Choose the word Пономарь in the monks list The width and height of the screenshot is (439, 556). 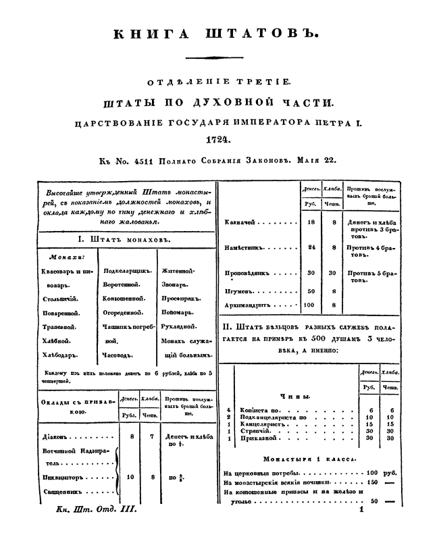pyautogui.click(x=178, y=313)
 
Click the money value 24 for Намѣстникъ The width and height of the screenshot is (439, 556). pyautogui.click(x=311, y=248)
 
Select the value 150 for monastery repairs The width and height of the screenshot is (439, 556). pyautogui.click(x=372, y=483)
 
